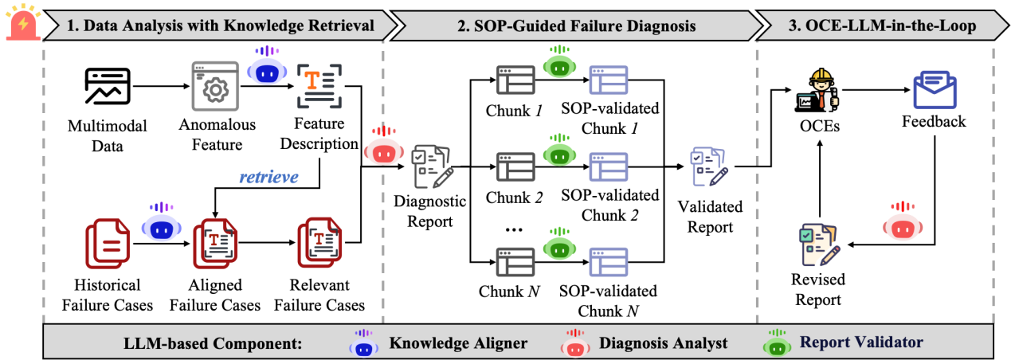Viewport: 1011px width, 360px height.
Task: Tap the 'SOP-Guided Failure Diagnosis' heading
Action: click(576, 25)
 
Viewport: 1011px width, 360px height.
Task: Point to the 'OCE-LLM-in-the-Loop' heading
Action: click(881, 25)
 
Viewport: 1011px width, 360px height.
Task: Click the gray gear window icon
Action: click(214, 86)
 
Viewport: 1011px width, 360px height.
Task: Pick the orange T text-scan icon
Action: click(319, 86)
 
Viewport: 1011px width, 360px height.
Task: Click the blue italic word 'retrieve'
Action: click(268, 177)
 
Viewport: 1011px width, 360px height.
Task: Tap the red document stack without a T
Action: click(108, 242)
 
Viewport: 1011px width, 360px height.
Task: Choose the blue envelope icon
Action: click(935, 89)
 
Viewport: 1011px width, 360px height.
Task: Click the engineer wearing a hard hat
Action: click(818, 90)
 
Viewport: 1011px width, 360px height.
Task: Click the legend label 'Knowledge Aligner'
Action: click(458, 343)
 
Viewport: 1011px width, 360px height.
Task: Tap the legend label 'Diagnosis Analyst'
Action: click(663, 343)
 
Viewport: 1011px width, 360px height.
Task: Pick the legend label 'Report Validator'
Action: click(861, 342)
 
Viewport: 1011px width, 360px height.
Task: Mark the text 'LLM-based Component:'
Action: click(213, 343)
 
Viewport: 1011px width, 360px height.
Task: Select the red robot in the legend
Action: click(574, 343)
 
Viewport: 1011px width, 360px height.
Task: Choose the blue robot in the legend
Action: click(363, 343)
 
